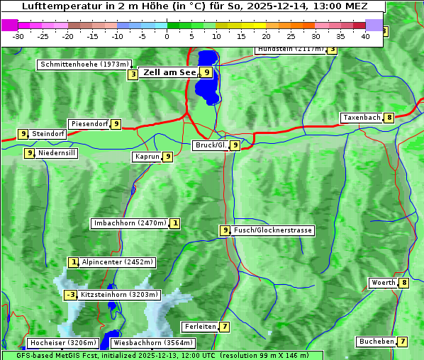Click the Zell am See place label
tap(169, 72)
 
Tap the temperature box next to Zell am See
tap(206, 72)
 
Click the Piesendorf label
tap(89, 124)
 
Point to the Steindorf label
tap(48, 134)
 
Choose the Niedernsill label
tap(57, 152)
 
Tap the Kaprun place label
tap(147, 157)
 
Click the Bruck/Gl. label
tap(210, 145)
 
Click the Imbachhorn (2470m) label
tap(130, 223)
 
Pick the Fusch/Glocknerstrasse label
tap(273, 230)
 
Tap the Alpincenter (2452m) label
tap(118, 262)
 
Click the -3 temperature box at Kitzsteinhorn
tap(70, 295)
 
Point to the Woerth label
tap(383, 283)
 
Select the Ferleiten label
tap(199, 327)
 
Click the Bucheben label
tap(376, 342)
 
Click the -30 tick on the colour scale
tap(18, 35)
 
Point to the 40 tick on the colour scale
tap(365, 35)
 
